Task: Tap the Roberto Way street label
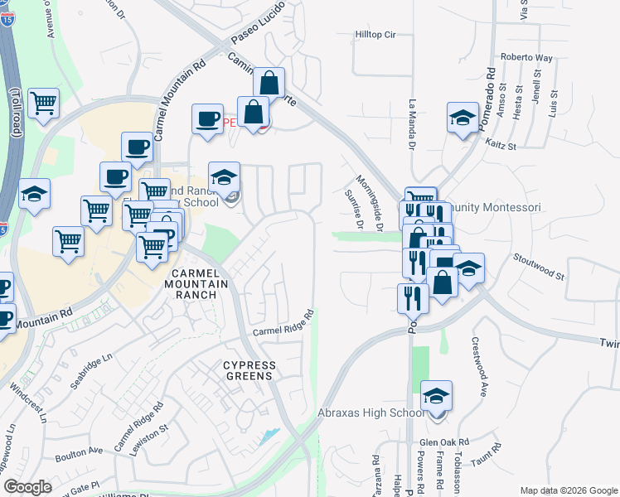[526, 58]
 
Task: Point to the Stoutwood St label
[540, 268]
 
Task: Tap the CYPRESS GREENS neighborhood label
[248, 370]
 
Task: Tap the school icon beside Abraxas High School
[436, 396]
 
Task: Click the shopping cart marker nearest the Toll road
[43, 104]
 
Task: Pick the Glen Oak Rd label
[444, 442]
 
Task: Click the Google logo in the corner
[27, 486]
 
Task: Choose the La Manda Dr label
[412, 124]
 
